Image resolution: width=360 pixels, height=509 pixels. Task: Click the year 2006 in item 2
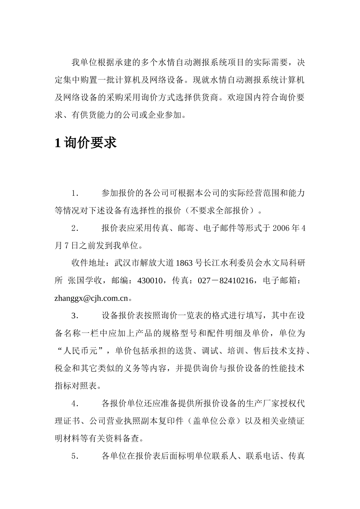click(281, 228)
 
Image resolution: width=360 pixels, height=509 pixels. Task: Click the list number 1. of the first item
click(75, 194)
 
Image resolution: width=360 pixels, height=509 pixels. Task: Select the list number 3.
click(75, 316)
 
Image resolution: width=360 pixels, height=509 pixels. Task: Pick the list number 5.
click(75, 456)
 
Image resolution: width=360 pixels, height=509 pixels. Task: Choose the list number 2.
click(75, 228)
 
